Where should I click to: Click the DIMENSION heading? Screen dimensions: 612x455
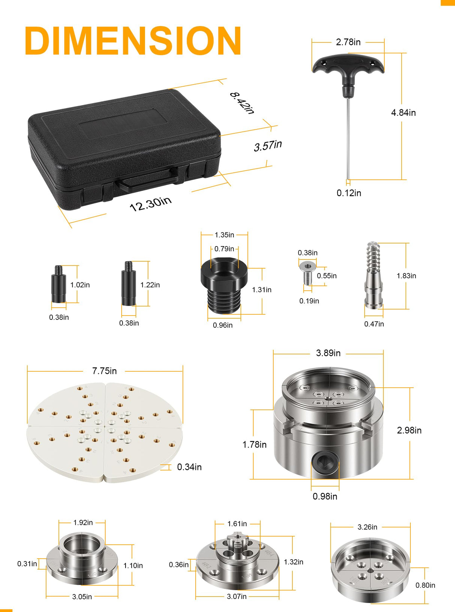click(133, 41)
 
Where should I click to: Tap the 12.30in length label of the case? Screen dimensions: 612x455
click(150, 204)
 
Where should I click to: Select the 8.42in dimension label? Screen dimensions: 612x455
click(242, 103)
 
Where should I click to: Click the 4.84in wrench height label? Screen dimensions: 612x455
click(403, 113)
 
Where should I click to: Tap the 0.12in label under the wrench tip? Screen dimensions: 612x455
click(349, 193)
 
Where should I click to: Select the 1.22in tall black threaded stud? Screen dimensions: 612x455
click(129, 285)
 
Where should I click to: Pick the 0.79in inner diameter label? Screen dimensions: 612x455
click(224, 249)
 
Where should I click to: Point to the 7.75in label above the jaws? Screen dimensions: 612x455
click(104, 371)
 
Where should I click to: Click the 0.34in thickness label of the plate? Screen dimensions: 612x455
click(189, 467)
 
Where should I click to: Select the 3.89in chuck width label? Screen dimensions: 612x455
click(328, 353)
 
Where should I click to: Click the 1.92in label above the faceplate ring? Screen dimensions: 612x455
click(83, 523)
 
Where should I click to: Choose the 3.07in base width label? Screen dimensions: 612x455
click(236, 597)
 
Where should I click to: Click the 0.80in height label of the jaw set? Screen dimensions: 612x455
click(425, 585)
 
